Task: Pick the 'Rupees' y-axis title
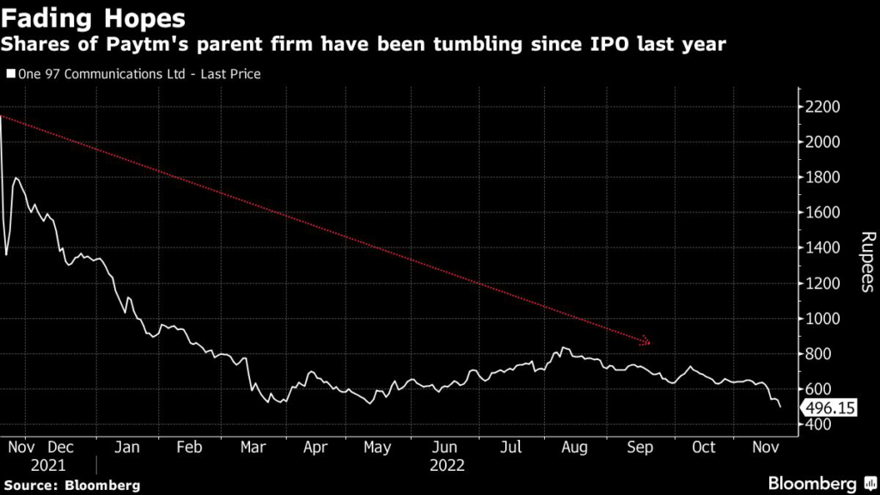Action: pyautogui.click(x=867, y=262)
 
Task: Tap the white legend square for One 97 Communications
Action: pyautogui.click(x=9, y=75)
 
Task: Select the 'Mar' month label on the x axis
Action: pyautogui.click(x=254, y=448)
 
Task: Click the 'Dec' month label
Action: pyautogui.click(x=61, y=448)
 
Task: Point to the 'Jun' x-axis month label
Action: pyautogui.click(x=444, y=448)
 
